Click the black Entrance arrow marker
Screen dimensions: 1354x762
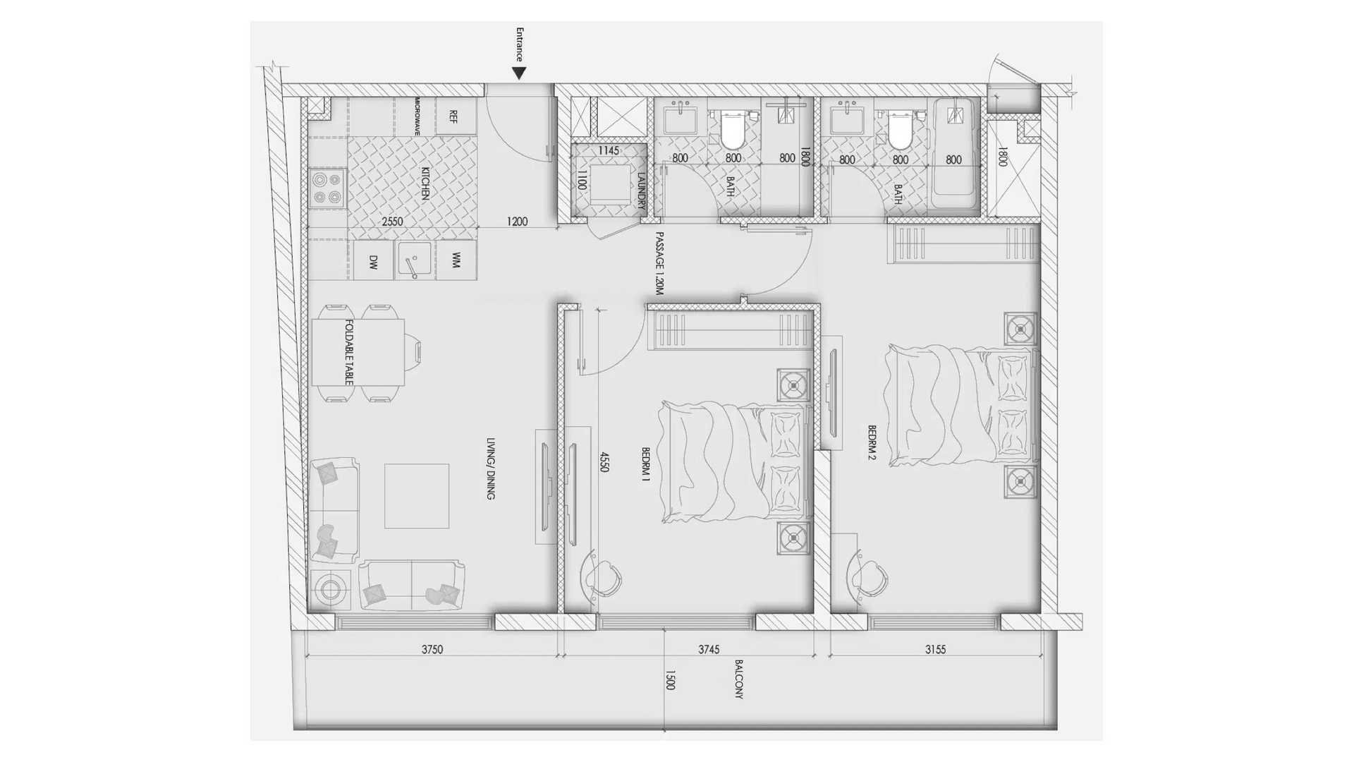(x=520, y=73)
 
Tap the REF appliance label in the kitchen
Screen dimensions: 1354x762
(x=453, y=117)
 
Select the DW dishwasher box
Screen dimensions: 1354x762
(x=373, y=261)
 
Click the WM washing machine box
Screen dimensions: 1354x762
(x=456, y=260)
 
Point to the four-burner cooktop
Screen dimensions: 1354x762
(x=328, y=188)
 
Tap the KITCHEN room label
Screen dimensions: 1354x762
(x=425, y=183)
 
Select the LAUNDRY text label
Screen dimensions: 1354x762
(x=641, y=191)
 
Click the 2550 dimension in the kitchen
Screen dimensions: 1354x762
(x=392, y=222)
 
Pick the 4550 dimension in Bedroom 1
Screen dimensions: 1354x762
(x=604, y=462)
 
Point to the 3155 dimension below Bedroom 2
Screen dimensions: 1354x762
(x=935, y=650)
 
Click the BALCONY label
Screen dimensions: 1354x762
(x=739, y=679)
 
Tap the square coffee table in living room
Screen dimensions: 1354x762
(x=417, y=496)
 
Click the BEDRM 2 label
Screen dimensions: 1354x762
(x=872, y=442)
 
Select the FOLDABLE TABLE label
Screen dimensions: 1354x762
(x=349, y=352)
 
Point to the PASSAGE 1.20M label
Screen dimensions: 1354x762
(x=660, y=263)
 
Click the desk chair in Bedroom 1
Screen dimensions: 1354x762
(x=601, y=577)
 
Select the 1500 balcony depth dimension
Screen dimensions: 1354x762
(x=670, y=680)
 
